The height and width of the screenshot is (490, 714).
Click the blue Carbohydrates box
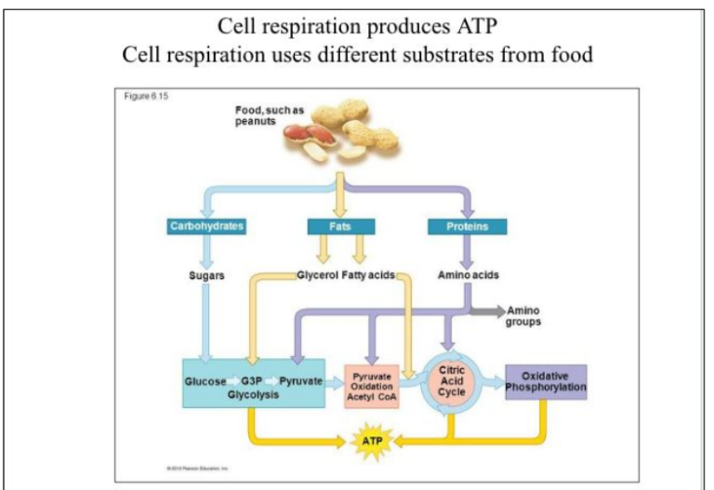coord(205,226)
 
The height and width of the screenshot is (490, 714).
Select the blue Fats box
coord(341,226)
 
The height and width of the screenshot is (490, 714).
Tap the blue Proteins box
coord(467,226)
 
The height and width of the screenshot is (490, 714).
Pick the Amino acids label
coord(467,275)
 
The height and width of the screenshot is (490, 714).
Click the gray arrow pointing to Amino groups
coord(487,310)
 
